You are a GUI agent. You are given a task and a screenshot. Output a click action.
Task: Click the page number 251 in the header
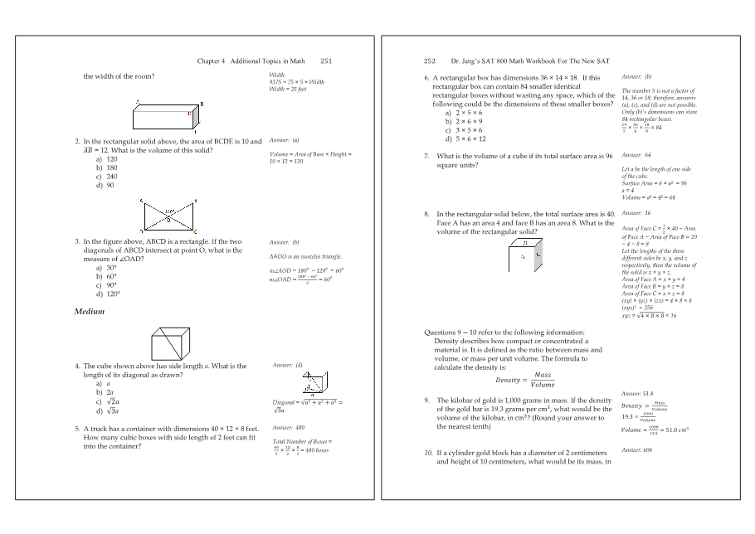click(326, 61)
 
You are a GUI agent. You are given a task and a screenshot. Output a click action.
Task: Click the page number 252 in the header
click(430, 61)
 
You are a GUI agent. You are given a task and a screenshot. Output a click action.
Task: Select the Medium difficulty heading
click(90, 312)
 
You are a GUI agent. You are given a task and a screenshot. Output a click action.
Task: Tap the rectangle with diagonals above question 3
click(169, 217)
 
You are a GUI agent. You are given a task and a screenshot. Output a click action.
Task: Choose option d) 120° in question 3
click(109, 294)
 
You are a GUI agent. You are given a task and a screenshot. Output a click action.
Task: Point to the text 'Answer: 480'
click(289, 428)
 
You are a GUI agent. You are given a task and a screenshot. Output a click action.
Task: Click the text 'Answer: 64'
click(636, 156)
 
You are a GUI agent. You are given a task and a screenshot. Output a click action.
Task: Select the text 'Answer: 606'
click(637, 449)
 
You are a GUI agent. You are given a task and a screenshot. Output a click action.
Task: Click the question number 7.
click(426, 156)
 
